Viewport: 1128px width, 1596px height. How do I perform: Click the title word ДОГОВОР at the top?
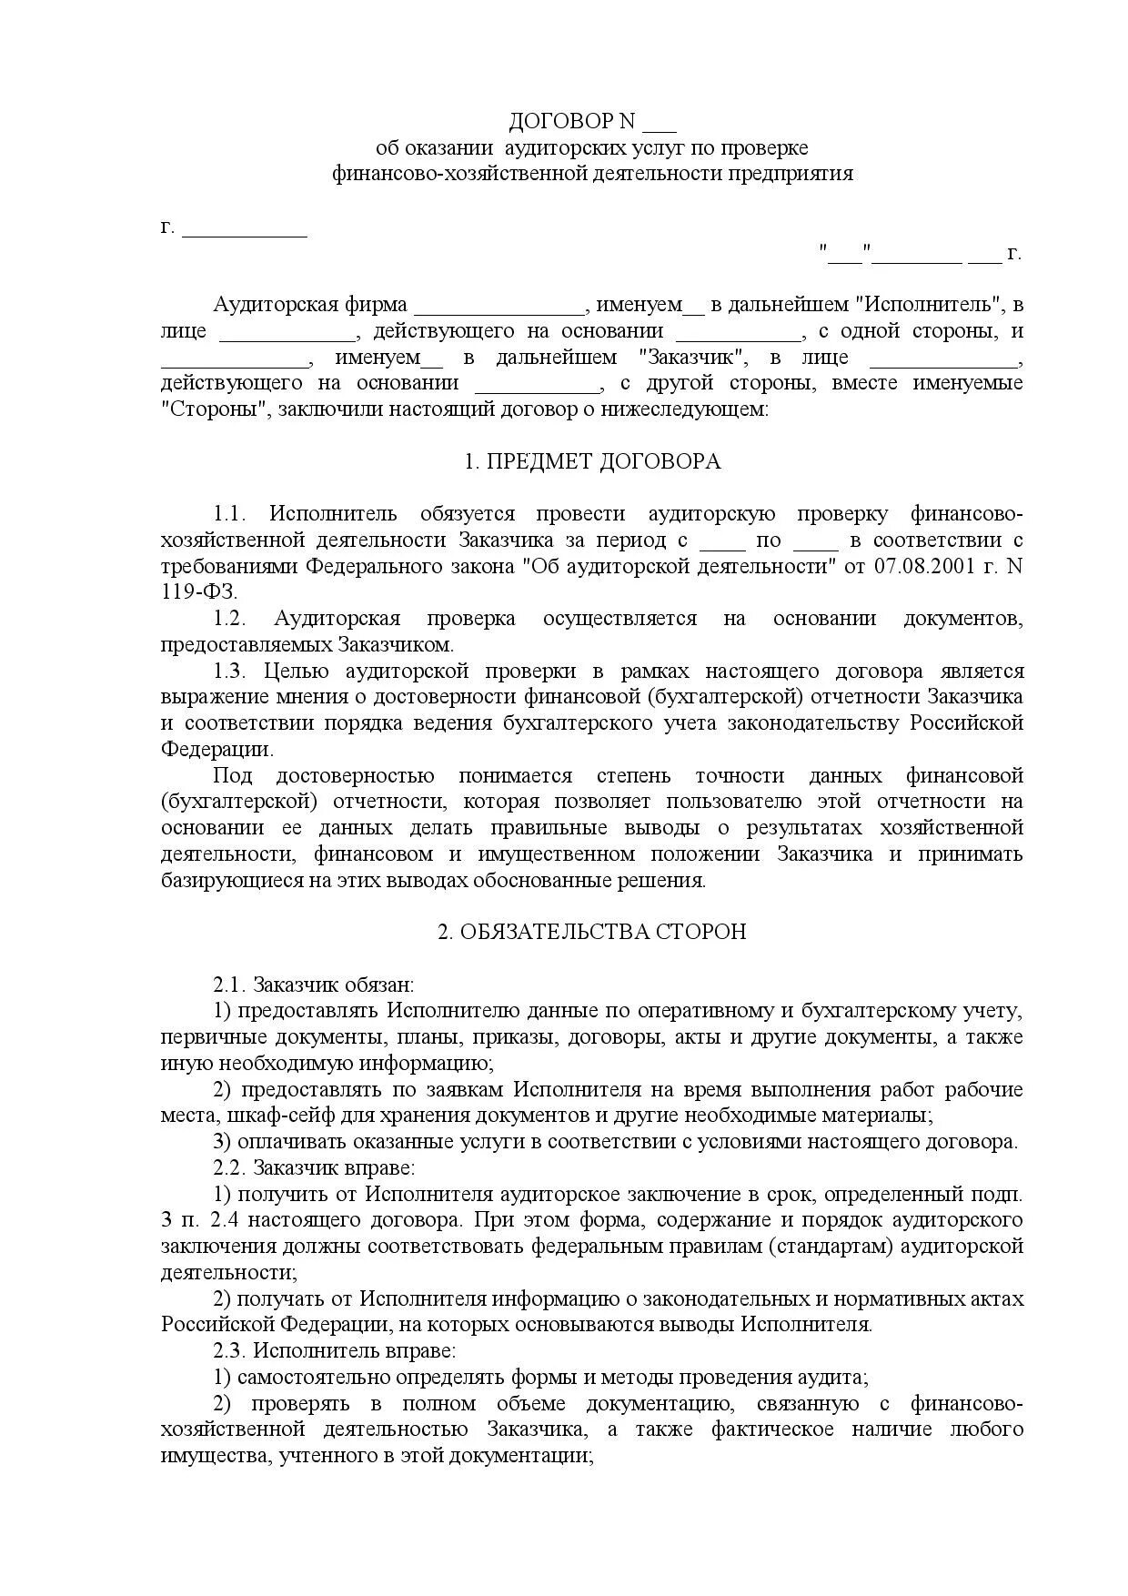(x=559, y=122)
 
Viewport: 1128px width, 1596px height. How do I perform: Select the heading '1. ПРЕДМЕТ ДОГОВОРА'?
(x=592, y=461)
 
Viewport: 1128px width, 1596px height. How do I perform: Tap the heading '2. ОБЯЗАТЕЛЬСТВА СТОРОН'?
(x=592, y=932)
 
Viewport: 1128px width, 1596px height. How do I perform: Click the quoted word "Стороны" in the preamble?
(x=216, y=409)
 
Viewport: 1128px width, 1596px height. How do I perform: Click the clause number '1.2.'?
(x=230, y=619)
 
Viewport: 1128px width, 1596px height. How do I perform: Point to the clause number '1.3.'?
(x=230, y=672)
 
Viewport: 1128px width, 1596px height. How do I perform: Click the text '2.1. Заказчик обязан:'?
(x=313, y=985)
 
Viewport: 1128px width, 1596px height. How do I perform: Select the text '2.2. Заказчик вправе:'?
(x=314, y=1167)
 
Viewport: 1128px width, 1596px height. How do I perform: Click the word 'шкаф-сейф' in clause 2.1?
(x=266, y=1116)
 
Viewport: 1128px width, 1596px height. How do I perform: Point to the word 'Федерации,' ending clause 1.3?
(x=217, y=750)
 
